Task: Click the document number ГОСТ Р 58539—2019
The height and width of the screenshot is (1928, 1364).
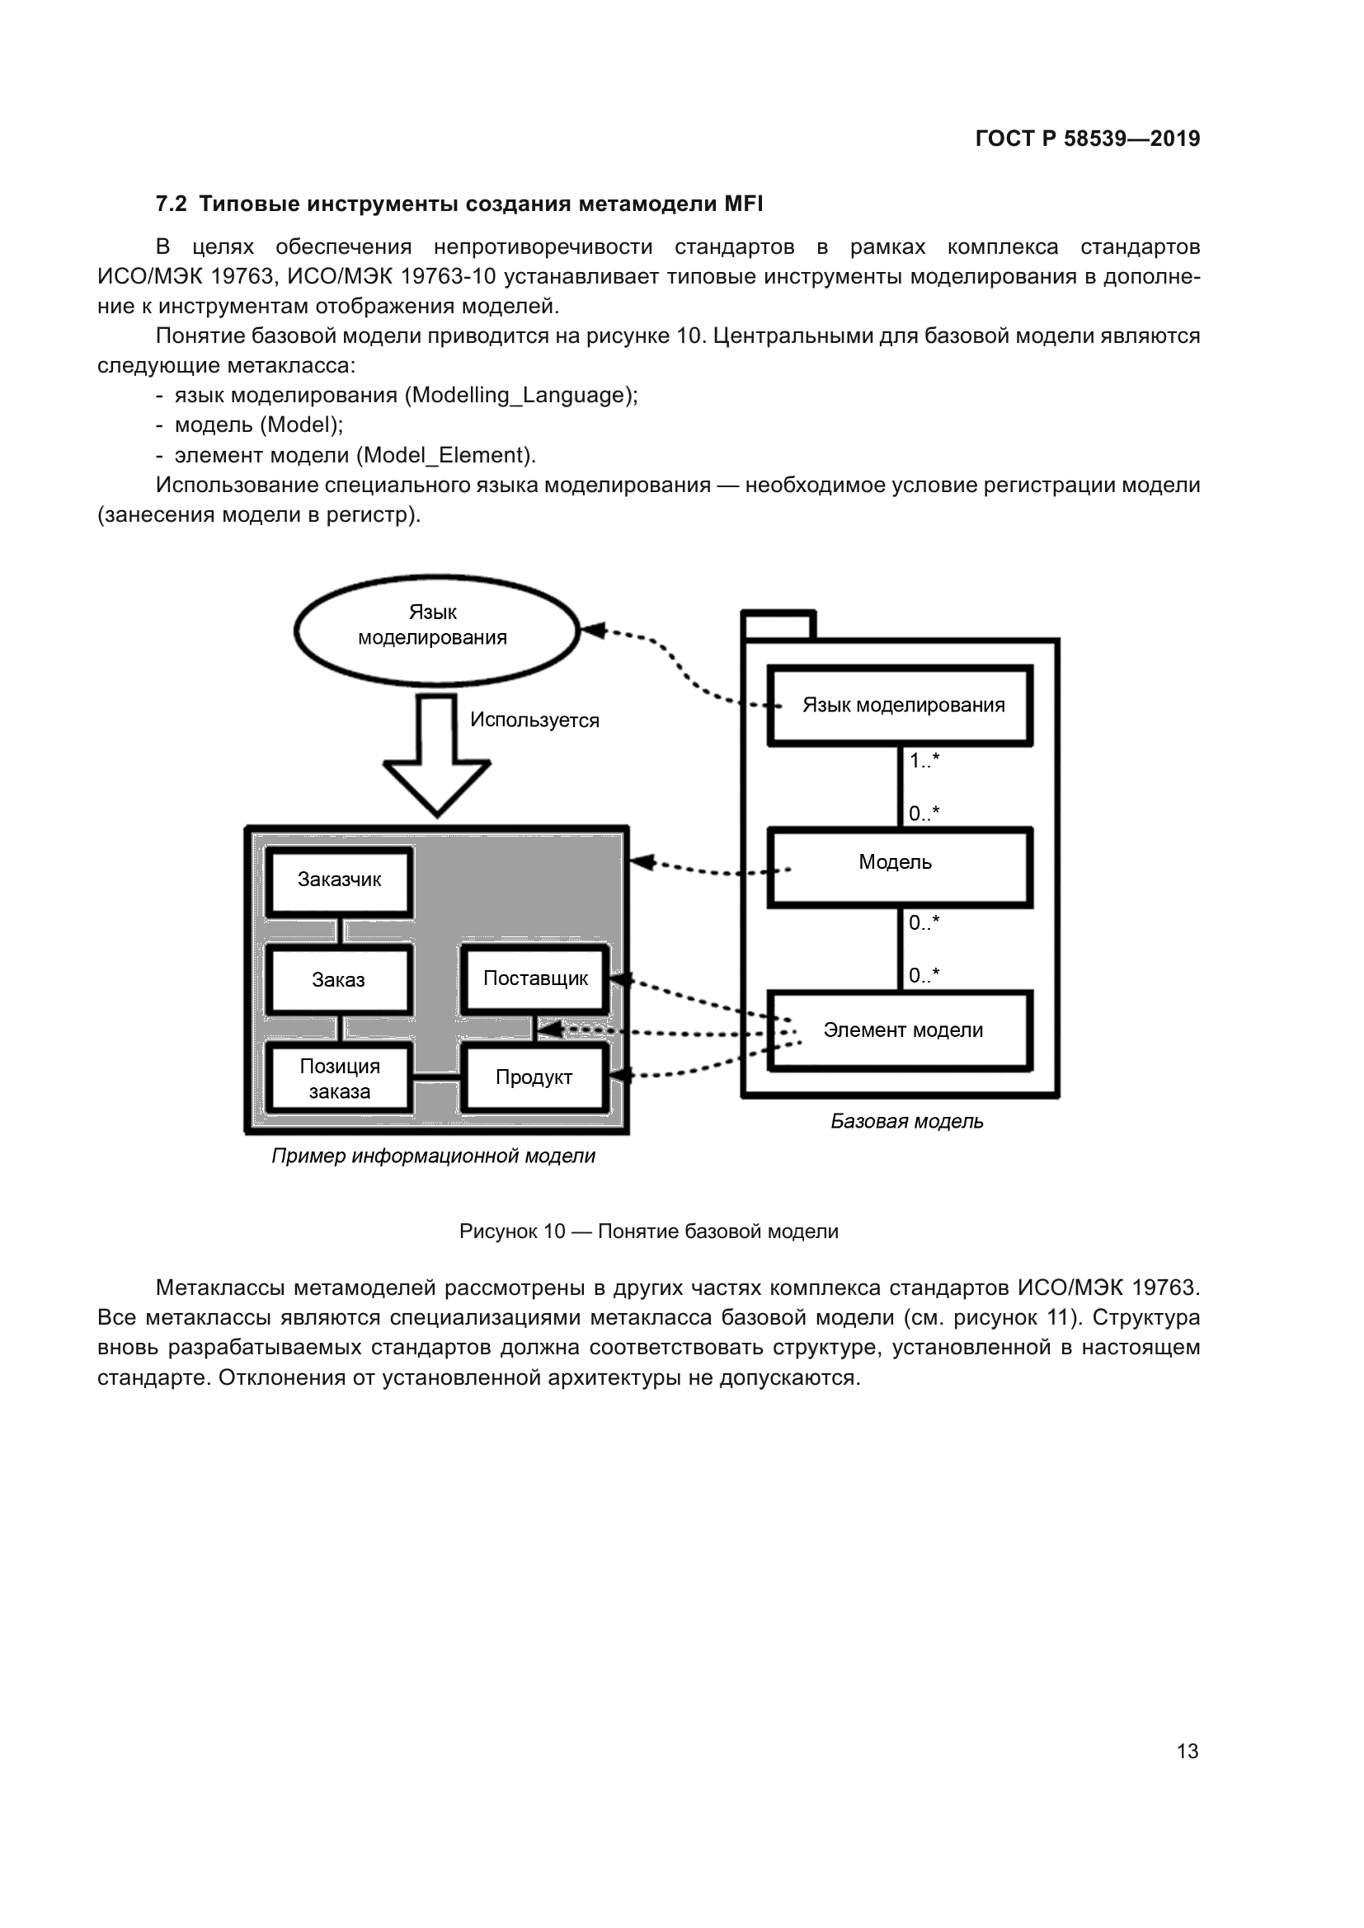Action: [1087, 138]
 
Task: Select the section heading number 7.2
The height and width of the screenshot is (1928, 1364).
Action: [171, 204]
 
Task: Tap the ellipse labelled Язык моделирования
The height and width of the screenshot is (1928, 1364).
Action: [436, 629]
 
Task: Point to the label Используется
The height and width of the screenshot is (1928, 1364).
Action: [534, 720]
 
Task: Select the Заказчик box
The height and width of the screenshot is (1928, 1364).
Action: [339, 881]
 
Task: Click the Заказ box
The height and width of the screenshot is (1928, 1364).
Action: [339, 980]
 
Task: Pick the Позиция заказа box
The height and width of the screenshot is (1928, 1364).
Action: [339, 1079]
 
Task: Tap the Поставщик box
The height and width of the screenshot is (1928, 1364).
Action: [535, 978]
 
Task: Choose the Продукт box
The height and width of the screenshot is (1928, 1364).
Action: [534, 1078]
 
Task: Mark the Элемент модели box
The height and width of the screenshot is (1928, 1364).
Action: [901, 1030]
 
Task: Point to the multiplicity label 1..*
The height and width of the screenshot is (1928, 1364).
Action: [924, 761]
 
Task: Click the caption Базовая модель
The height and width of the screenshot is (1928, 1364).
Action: [906, 1122]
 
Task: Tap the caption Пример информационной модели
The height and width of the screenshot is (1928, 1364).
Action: [433, 1156]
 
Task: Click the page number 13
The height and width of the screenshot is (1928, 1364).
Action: [1187, 1751]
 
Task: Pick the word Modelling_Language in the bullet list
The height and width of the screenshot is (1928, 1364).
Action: [515, 396]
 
